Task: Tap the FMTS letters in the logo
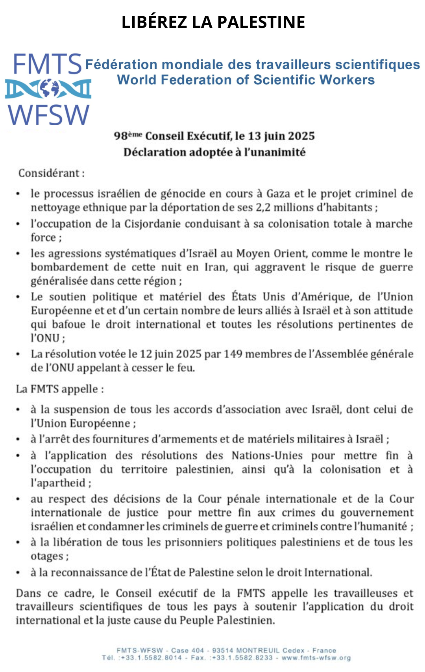[x=47, y=64]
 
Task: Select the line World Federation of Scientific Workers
[x=246, y=80]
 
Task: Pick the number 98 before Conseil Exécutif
[x=120, y=136]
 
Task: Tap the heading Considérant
[x=51, y=173]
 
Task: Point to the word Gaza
[x=279, y=194]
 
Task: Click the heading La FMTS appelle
[x=59, y=389]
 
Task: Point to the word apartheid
[x=59, y=483]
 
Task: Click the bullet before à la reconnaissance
[x=18, y=572]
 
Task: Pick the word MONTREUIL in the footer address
[x=257, y=650]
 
